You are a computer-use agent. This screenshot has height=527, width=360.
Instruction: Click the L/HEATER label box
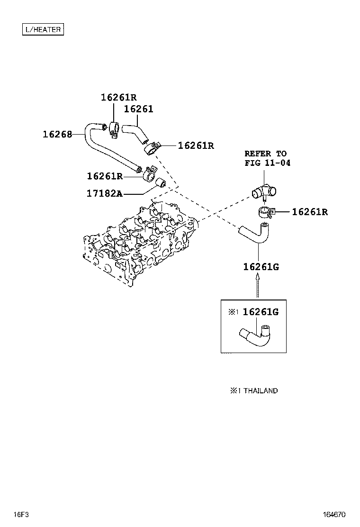point(43,29)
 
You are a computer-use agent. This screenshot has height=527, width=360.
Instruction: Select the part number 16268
point(57,134)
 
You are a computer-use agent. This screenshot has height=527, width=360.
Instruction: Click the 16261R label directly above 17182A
point(105,176)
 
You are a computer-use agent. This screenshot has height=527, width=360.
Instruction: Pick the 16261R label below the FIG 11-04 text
point(309,212)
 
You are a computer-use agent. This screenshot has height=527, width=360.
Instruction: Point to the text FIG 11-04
point(267,163)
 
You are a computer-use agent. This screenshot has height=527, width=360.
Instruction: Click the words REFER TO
point(265,153)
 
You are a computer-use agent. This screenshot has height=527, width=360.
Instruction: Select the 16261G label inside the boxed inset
point(260,312)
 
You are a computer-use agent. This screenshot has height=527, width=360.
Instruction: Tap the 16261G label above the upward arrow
point(261,267)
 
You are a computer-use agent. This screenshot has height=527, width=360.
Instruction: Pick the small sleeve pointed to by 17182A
point(162,182)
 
